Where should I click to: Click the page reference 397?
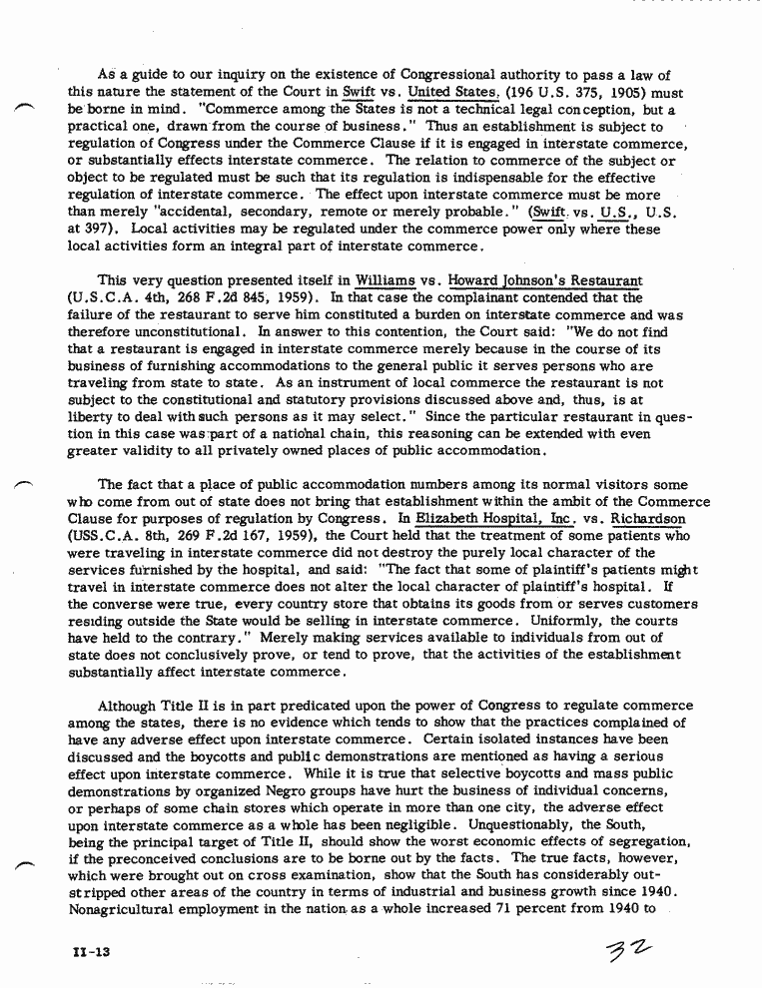click(96, 230)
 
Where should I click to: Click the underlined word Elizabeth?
click(451, 519)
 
